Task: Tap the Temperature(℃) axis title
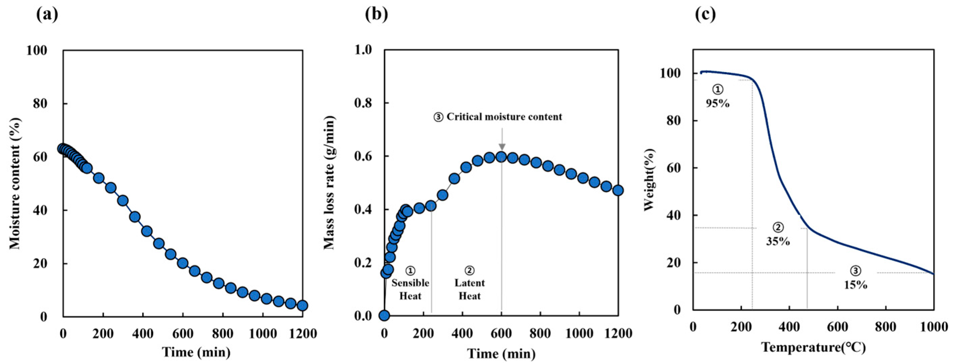pos(814,347)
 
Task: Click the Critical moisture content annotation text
pos(498,117)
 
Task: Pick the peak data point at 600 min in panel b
pos(502,157)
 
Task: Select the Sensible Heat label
pos(410,289)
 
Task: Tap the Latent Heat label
pos(470,289)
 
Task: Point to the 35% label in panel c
pos(778,241)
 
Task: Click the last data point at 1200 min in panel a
pos(302,305)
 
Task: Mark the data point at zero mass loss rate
pos(384,316)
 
